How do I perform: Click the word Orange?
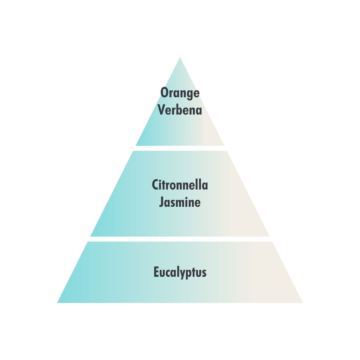click(x=180, y=93)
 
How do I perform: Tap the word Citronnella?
click(x=180, y=185)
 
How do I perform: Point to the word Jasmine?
click(x=180, y=202)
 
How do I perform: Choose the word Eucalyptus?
click(x=180, y=272)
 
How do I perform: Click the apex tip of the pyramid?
click(x=180, y=57)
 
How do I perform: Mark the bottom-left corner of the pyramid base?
click(x=57, y=303)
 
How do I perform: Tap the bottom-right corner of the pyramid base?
click(x=303, y=303)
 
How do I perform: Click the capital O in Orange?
click(x=165, y=93)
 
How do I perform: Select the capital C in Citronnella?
click(x=155, y=185)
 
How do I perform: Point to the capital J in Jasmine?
click(x=162, y=202)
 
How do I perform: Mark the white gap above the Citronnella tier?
click(x=180, y=148)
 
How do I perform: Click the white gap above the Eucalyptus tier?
click(x=180, y=239)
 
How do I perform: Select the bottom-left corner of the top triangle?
click(x=136, y=146)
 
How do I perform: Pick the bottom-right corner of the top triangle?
click(x=224, y=146)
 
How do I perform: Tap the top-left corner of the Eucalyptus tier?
click(x=88, y=242)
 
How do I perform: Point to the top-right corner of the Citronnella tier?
click(x=227, y=151)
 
